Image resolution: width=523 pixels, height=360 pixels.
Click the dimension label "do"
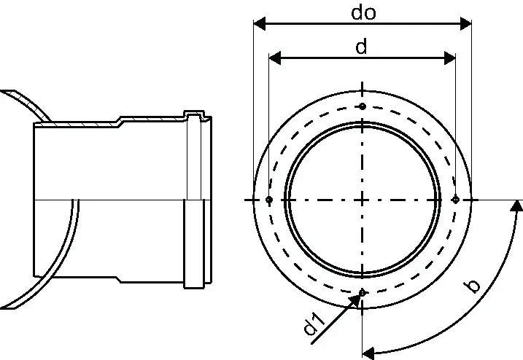[363, 12]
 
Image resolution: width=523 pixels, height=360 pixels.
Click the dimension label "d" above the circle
[361, 47]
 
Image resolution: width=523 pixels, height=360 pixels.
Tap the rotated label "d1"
[314, 324]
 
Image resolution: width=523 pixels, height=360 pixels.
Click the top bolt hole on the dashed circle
[363, 106]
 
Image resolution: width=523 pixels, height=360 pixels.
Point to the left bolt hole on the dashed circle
[269, 200]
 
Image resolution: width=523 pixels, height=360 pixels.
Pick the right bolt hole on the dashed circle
[456, 200]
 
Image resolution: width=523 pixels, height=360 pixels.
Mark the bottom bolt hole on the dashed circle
[363, 293]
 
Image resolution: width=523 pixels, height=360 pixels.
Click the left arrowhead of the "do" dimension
[260, 24]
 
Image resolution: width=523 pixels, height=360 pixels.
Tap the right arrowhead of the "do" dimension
[465, 24]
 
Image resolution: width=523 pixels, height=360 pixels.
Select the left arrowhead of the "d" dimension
[275, 58]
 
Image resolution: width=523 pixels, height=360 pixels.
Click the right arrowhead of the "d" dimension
[449, 58]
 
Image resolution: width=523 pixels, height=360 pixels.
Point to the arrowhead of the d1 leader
[355, 300]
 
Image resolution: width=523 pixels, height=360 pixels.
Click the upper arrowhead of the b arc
[517, 206]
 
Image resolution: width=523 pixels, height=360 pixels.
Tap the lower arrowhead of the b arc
[368, 353]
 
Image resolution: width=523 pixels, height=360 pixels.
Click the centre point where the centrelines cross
[363, 200]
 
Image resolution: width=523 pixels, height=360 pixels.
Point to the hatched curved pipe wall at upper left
[27, 104]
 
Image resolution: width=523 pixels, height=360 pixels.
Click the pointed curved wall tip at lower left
[7, 308]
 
